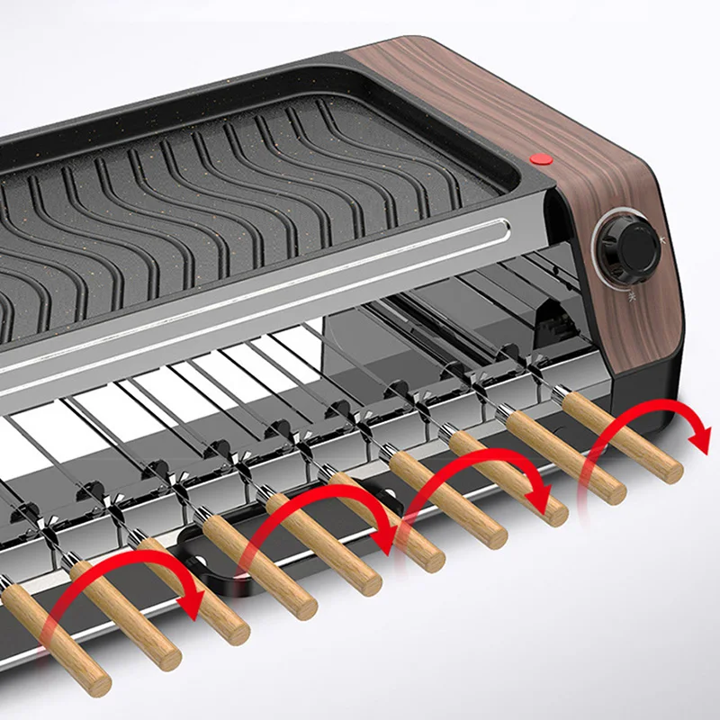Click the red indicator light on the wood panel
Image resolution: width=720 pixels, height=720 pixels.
(x=540, y=158)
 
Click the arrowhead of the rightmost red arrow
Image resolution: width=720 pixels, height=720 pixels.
(x=698, y=440)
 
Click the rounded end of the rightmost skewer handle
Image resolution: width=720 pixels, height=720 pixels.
(x=673, y=470)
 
